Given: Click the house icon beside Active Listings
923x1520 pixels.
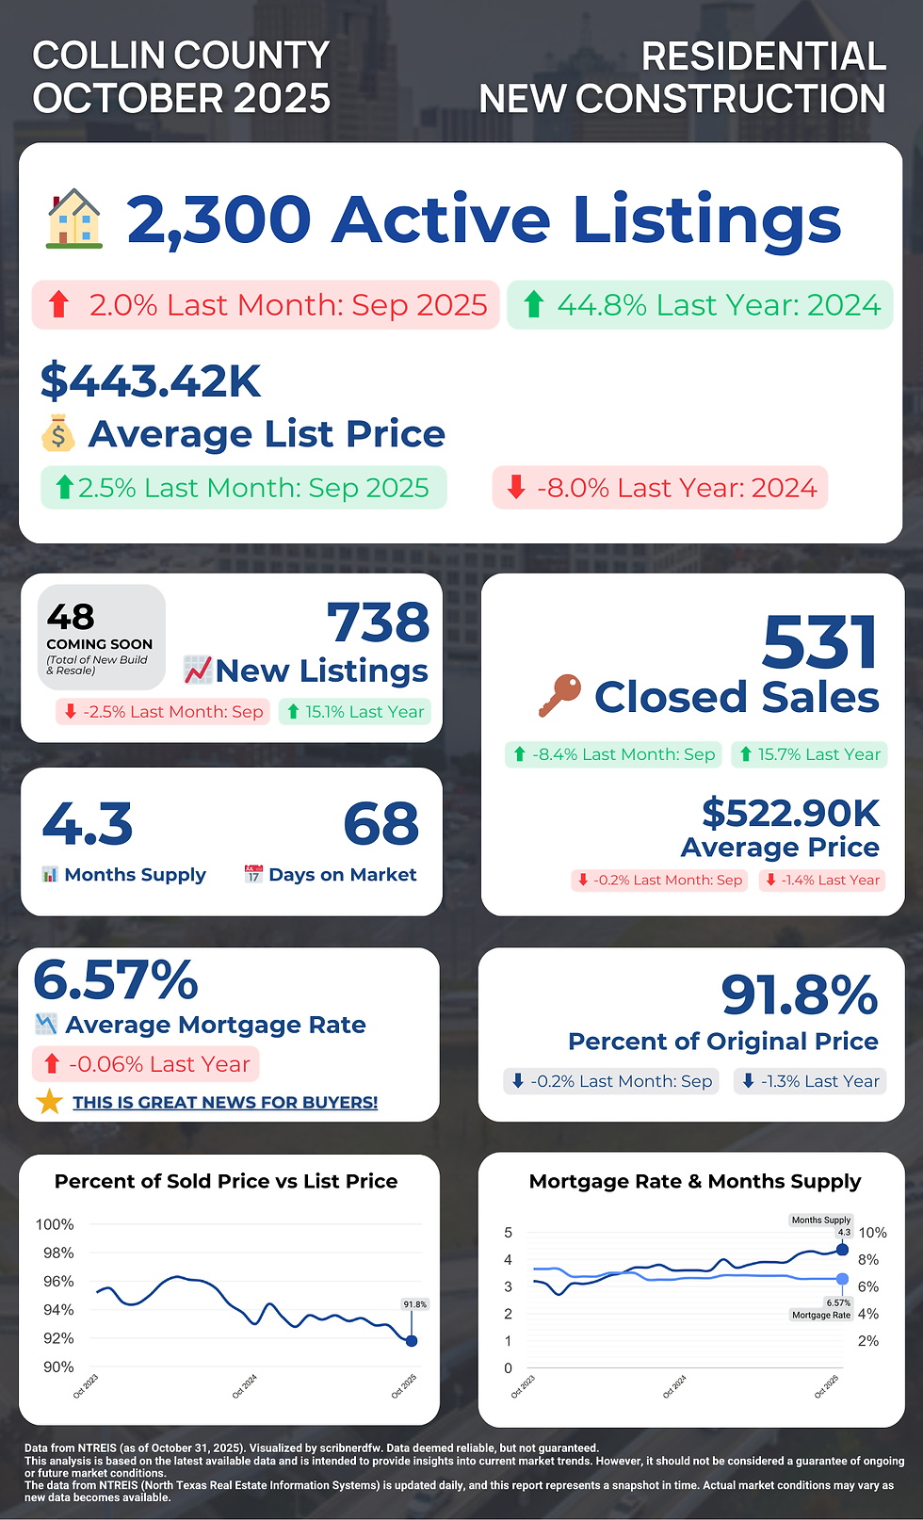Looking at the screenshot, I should (x=74, y=218).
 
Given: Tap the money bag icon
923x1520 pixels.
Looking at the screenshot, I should (x=58, y=434).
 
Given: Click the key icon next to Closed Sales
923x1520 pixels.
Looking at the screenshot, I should (x=559, y=695).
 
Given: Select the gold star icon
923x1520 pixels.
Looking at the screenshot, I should (x=49, y=1102).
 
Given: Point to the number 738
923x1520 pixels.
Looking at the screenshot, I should (x=378, y=623).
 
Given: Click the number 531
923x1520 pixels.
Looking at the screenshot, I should (x=820, y=643).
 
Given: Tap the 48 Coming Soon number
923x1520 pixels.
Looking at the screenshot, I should (x=71, y=617).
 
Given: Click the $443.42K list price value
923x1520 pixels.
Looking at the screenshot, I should (x=151, y=380).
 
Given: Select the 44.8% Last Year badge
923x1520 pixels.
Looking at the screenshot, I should (x=700, y=305).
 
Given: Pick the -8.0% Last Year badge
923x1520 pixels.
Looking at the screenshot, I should (x=659, y=488).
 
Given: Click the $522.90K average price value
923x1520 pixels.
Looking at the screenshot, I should (x=790, y=813).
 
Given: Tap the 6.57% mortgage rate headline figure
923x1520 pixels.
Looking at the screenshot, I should (x=116, y=980).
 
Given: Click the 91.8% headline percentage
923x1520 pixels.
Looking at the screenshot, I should (x=799, y=995).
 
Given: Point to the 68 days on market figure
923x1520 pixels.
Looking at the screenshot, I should (x=381, y=824).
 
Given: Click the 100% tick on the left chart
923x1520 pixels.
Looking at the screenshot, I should (x=55, y=1224).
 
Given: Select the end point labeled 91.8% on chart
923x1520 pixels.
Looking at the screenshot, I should (x=411, y=1340).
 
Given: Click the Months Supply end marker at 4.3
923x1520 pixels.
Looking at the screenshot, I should (x=842, y=1250).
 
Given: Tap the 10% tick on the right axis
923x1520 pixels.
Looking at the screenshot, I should (x=872, y=1233).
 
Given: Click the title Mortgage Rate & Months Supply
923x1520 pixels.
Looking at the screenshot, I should (x=694, y=1181).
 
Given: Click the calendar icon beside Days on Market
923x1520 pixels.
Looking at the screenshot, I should (x=253, y=874).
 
